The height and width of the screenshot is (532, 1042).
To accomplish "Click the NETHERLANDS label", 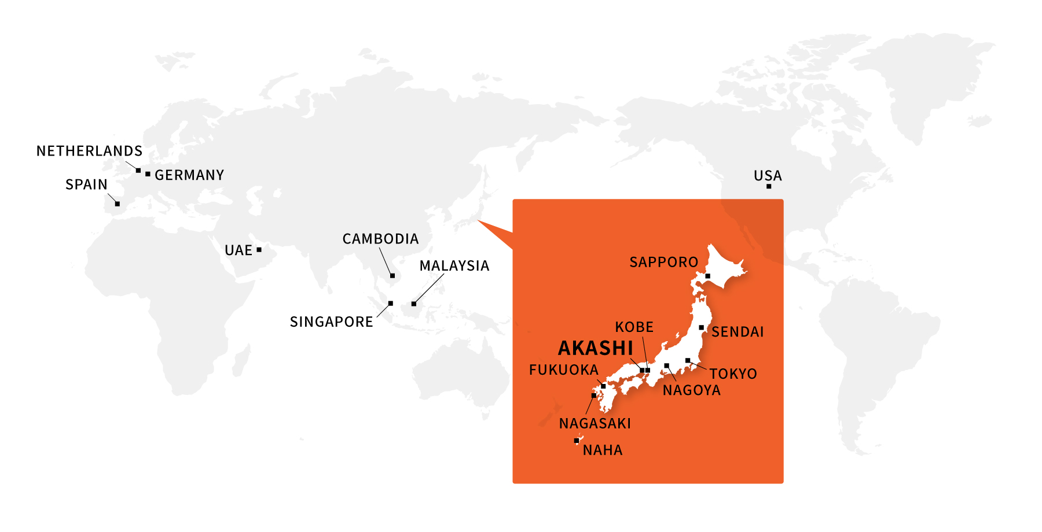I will (89, 151).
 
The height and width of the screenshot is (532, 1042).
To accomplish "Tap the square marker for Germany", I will (148, 174).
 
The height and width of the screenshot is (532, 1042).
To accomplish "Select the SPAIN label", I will (86, 184).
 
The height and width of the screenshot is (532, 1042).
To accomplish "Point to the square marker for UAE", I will (259, 250).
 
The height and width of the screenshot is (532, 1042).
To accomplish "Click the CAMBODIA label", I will (380, 239).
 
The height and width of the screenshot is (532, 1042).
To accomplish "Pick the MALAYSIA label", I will (454, 265).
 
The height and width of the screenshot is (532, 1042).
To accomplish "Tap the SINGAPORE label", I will (331, 322).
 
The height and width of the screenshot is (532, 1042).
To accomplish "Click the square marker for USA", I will (769, 186).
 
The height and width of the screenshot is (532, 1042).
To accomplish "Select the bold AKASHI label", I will (596, 348).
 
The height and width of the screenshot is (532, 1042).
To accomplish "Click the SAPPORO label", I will (663, 262).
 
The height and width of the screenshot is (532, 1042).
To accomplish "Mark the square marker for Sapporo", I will (707, 276).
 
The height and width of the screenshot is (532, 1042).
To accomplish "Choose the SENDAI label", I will (738, 332).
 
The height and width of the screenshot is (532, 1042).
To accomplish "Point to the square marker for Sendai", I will (701, 327).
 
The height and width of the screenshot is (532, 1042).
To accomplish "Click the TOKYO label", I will (733, 374).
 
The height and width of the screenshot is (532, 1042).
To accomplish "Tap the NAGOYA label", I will (692, 390).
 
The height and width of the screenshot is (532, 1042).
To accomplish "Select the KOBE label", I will (634, 327).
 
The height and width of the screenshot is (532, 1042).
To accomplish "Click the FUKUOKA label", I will (563, 370).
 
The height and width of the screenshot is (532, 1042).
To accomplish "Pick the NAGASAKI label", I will (595, 423).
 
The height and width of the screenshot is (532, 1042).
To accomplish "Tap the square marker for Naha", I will (576, 441).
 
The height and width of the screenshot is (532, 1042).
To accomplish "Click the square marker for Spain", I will (118, 204).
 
